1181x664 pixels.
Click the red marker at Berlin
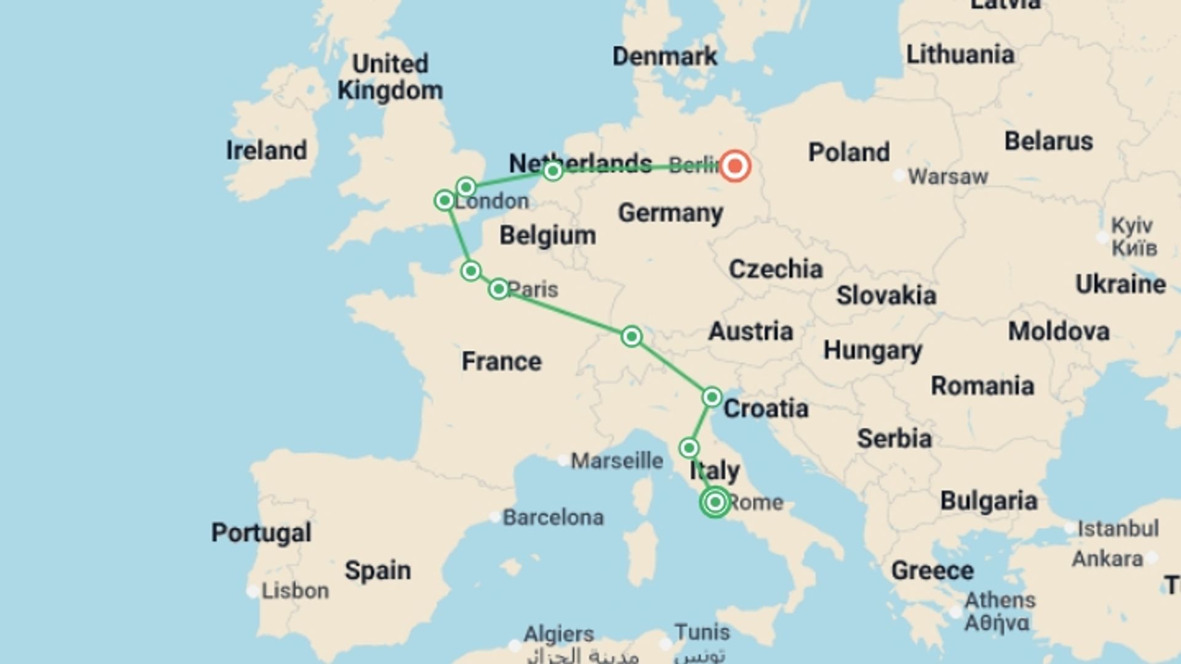pyautogui.click(x=734, y=166)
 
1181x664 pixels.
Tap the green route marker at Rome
pyautogui.click(x=715, y=502)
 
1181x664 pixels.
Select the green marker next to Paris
pyautogui.click(x=499, y=288)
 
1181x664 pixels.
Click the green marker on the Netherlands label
pyautogui.click(x=552, y=170)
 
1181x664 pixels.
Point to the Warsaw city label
pyautogui.click(x=947, y=177)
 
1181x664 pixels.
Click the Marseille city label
pyautogui.click(x=616, y=460)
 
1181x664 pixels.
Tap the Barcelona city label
pyautogui.click(x=552, y=518)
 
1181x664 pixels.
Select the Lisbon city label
pyautogui.click(x=295, y=591)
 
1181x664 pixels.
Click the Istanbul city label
pyautogui.click(x=1118, y=528)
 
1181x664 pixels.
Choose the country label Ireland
pyautogui.click(x=266, y=151)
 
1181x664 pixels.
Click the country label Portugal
pyautogui.click(x=261, y=532)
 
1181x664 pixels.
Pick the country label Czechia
pyautogui.click(x=776, y=269)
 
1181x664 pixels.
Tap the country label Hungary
pyautogui.click(x=873, y=350)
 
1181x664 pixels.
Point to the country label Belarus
pyautogui.click(x=1049, y=141)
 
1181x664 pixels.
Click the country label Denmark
pyautogui.click(x=664, y=57)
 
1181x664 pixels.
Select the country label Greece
pyautogui.click(x=932, y=571)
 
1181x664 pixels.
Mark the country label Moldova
pyautogui.click(x=1059, y=332)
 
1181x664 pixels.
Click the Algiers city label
pyautogui.click(x=559, y=633)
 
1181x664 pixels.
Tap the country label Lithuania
pyautogui.click(x=960, y=55)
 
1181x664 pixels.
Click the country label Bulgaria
pyautogui.click(x=988, y=501)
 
